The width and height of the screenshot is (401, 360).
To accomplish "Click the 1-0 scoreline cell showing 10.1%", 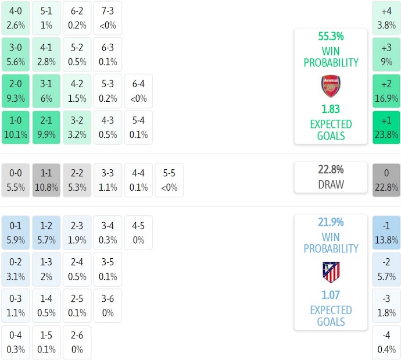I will pos(16,127).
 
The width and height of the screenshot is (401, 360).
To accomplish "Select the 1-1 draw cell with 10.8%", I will pos(46,180).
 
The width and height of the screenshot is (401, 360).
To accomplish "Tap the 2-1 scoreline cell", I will pos(46,127).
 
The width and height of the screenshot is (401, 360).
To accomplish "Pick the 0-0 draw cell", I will pos(16,180).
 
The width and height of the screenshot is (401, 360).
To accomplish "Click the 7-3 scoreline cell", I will pos(108,18).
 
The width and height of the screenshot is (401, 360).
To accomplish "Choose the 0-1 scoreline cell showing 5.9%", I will pos(16,233).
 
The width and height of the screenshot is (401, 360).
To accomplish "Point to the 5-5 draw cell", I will pos(169,180).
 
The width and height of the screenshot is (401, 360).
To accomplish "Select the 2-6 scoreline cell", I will pos(76,343).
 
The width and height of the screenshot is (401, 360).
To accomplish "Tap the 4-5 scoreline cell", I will pos(138,233).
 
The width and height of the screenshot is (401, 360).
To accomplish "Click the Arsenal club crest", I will pos(331,86).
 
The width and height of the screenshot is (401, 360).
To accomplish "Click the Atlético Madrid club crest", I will pos(331,272).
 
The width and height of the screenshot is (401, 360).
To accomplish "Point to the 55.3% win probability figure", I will pos(331,37).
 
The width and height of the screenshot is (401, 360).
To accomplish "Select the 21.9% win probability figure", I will pos(331,222).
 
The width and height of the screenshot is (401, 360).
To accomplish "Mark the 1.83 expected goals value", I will pos(331,109).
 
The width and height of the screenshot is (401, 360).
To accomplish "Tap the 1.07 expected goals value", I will pos(331,295).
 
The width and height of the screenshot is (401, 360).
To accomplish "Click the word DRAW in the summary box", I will pos(331,184).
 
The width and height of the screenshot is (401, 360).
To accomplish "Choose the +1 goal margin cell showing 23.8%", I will pos(386,127).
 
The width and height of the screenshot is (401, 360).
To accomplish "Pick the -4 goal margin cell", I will pos(386,343).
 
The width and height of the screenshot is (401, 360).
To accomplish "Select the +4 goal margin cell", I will pos(386,18).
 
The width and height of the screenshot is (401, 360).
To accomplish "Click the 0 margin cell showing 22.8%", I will pos(386,180).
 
